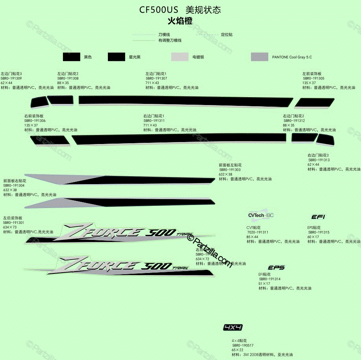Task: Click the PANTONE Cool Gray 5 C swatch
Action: pos(259,57)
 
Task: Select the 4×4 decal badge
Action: pos(233,327)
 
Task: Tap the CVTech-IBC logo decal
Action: pos(260,215)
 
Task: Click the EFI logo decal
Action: pos(318,217)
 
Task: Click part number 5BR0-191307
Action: pos(156,78)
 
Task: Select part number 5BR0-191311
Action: pos(154,121)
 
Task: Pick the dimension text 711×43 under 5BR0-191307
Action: pos(152,83)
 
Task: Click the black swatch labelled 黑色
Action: pos(71,57)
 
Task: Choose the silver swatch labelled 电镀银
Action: pos(180,57)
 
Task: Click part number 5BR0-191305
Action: pos(313,78)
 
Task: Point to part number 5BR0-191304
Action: pos(14,185)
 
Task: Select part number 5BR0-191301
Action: pos(13,223)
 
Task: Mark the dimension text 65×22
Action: pos(237,350)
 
